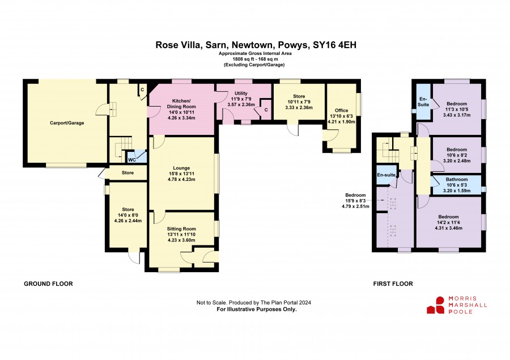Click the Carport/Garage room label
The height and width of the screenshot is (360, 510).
pyautogui.click(x=67, y=123)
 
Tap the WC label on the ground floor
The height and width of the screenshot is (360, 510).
pyautogui.click(x=131, y=160)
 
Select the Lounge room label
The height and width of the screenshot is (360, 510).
pyautogui.click(x=181, y=168)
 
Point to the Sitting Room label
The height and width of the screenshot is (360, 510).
pyautogui.click(x=181, y=229)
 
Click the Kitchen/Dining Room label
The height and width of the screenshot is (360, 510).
pyautogui.click(x=181, y=104)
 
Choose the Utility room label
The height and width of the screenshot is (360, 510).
pyautogui.click(x=241, y=94)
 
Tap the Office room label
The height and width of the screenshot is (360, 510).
pyautogui.click(x=342, y=111)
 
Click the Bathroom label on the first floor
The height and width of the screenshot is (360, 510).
pyautogui.click(x=457, y=179)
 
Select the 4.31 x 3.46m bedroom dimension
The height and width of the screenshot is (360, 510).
pyautogui.click(x=449, y=228)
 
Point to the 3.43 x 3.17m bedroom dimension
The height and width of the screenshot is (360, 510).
pyautogui.click(x=457, y=115)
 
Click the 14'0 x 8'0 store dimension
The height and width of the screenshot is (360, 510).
pyautogui.click(x=128, y=215)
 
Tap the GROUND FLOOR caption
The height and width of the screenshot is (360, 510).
pyautogui.click(x=49, y=284)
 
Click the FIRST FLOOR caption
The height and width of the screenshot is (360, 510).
pyautogui.click(x=393, y=284)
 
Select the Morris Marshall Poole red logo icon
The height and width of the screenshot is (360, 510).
pyautogui.click(x=436, y=306)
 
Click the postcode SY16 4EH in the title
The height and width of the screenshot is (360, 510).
pyautogui.click(x=334, y=45)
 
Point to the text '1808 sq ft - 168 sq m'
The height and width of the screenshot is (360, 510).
pyautogui.click(x=256, y=59)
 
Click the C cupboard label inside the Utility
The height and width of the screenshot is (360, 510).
pyautogui.click(x=266, y=110)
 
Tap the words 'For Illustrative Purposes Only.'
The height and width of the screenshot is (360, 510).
pyautogui.click(x=257, y=309)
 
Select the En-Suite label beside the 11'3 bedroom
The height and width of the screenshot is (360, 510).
pyautogui.click(x=423, y=102)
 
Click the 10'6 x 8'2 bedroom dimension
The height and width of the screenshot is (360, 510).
pyautogui.click(x=457, y=155)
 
